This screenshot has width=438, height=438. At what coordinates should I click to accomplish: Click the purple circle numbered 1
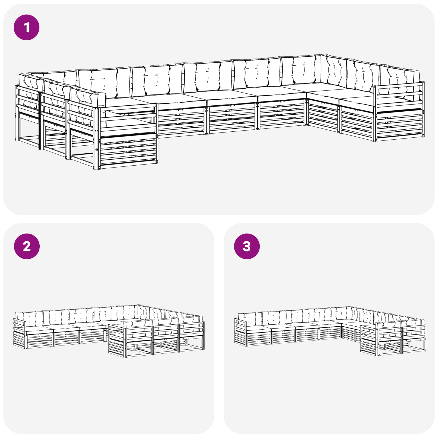(x=27, y=27)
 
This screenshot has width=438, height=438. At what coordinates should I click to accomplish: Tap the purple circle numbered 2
(x=27, y=246)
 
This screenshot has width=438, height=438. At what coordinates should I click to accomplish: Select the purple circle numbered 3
(x=247, y=246)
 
